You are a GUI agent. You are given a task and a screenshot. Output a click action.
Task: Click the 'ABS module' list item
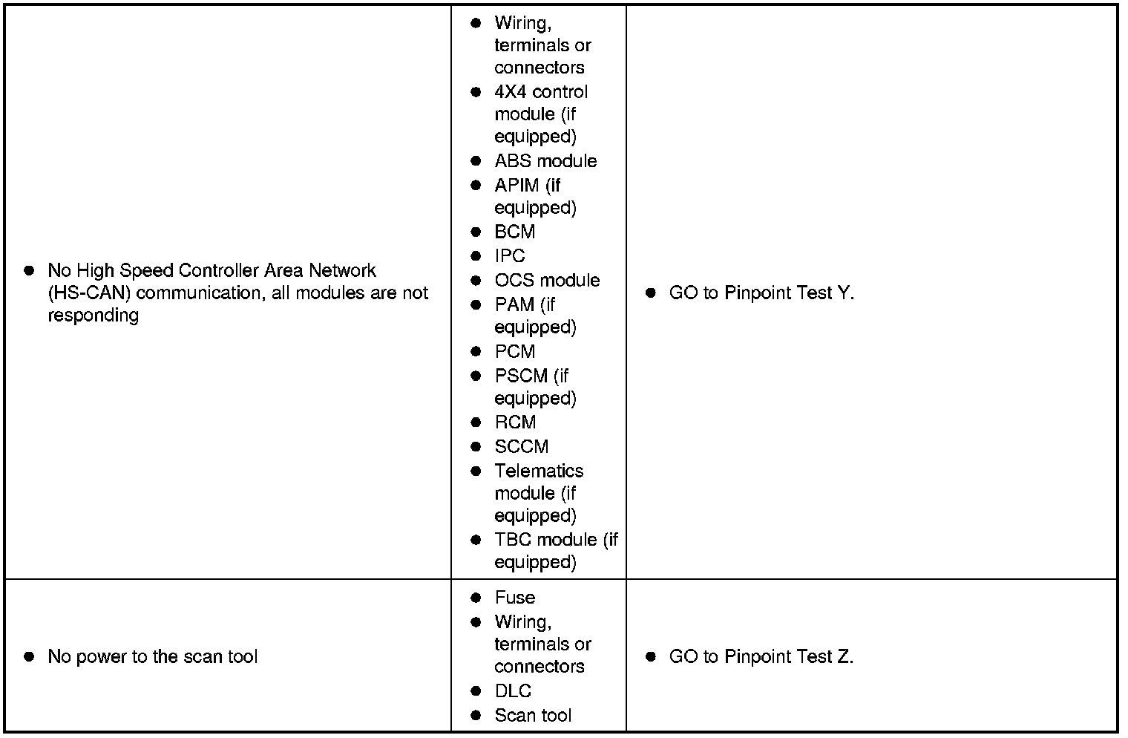[545, 161]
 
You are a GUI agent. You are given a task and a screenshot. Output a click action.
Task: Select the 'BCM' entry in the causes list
[515, 232]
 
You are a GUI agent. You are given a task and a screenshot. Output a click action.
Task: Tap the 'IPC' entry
[510, 256]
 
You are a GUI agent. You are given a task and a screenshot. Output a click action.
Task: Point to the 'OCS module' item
[547, 280]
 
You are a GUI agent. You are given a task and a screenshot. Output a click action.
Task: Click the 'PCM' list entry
[515, 351]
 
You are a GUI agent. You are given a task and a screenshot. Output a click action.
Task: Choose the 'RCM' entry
[515, 422]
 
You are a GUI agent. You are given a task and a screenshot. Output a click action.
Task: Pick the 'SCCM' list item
[522, 446]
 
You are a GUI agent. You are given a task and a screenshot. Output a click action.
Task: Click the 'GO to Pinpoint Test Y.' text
[761, 293]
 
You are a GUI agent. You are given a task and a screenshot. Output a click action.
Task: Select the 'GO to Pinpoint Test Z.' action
[761, 657]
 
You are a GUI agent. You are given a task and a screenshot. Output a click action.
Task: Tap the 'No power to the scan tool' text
[152, 657]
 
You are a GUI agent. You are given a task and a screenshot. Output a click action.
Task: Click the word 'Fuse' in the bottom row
[515, 598]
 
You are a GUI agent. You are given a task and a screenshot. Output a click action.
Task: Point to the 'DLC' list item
[513, 691]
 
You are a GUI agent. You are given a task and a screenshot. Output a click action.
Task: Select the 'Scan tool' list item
[533, 715]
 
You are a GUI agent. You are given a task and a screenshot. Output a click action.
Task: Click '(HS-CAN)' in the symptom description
[89, 293]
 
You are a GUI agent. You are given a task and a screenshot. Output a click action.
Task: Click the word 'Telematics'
[539, 471]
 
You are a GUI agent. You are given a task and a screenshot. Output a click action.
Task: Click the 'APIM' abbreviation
[517, 186]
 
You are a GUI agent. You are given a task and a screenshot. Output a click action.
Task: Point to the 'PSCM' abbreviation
[521, 376]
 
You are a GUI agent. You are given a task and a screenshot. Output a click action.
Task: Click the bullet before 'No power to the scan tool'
[29, 657]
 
